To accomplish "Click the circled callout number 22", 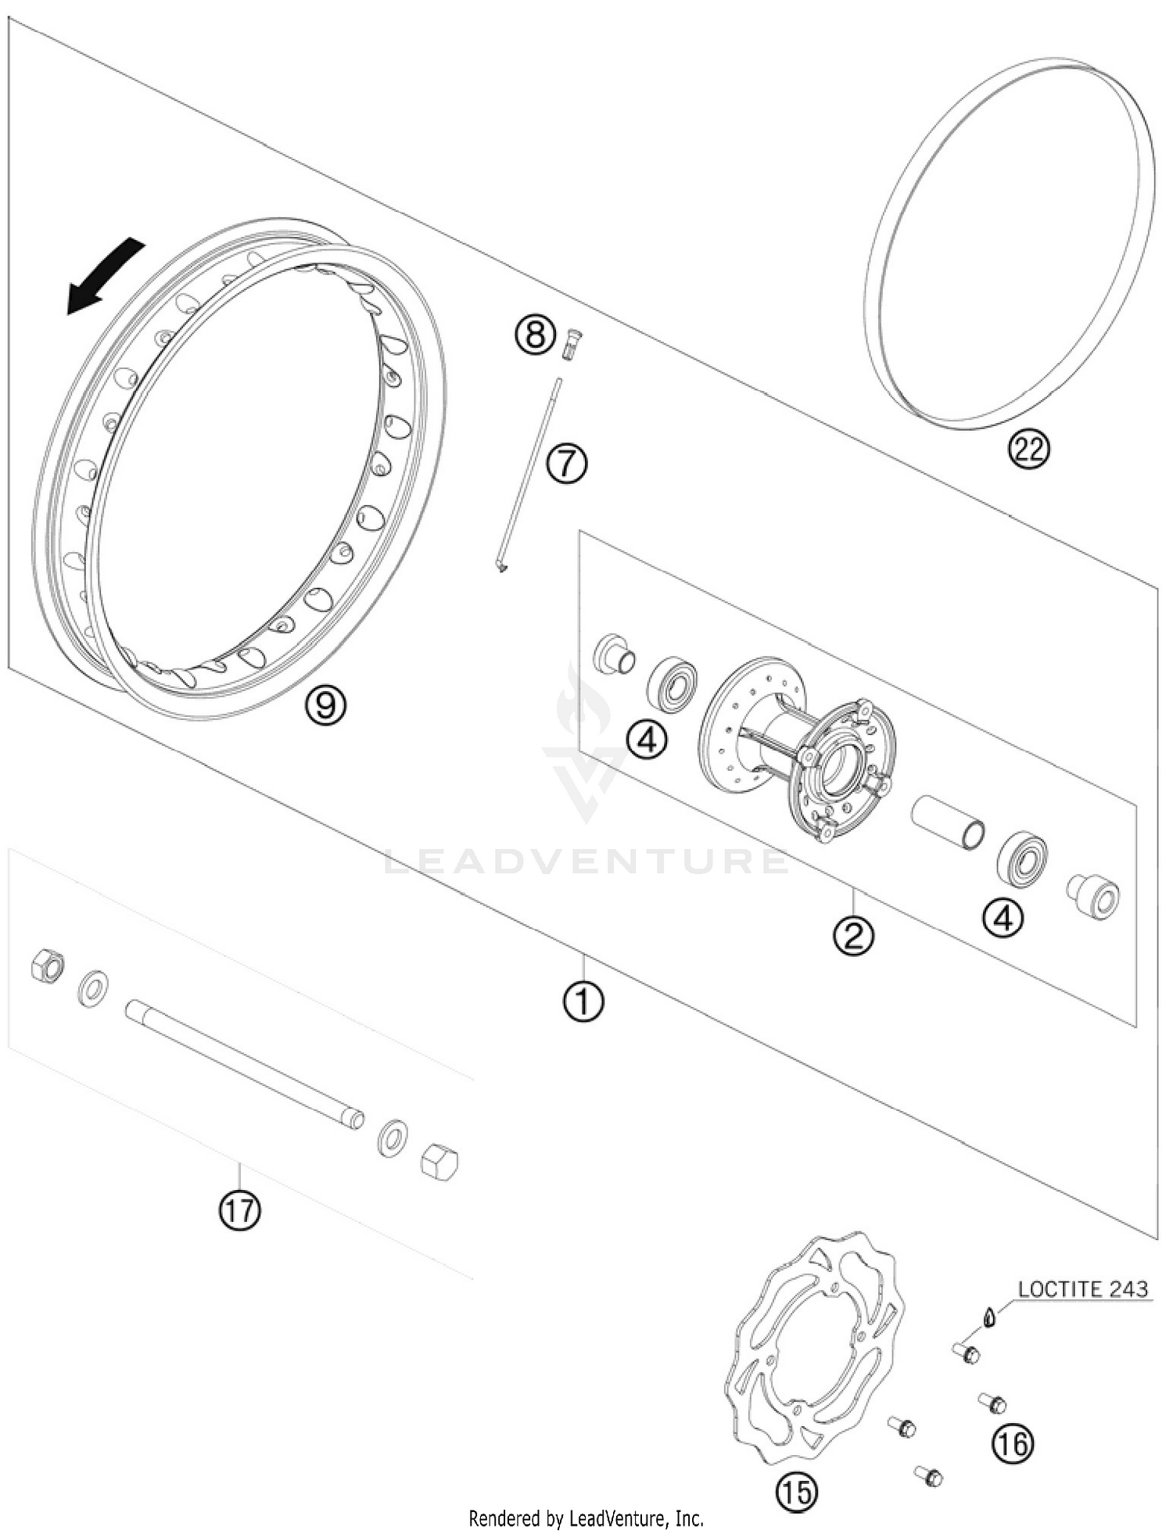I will pos(1028,450).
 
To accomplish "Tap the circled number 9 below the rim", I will pos(325,705).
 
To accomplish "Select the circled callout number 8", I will pos(534,336).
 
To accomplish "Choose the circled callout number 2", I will pos(853,934).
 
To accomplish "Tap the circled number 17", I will pos(239,1210).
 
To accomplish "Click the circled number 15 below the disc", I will pos(796,1493).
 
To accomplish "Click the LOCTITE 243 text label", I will pos(1083,1289).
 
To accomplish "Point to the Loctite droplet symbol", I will pos(990,1318).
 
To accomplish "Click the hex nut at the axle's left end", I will pos(47,966).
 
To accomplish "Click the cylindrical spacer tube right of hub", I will pos(948,823).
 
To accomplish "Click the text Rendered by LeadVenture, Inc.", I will pos(586,1518).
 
